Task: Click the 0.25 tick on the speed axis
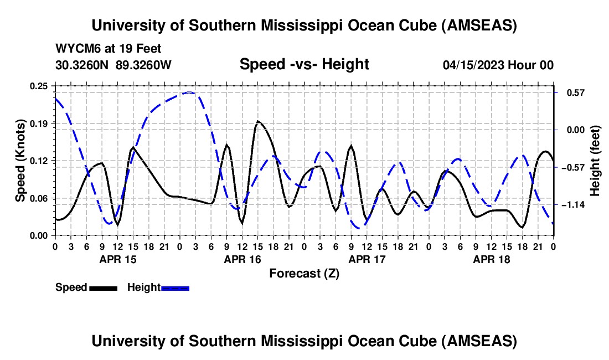39,85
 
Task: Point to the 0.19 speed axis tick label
39,123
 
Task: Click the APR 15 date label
118,259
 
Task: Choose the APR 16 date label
242,259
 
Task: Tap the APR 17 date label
367,259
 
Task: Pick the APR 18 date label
492,259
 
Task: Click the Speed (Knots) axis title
20,160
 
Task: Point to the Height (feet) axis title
595,160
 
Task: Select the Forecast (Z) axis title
304,274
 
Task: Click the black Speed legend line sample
103,288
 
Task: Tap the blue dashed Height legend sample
175,288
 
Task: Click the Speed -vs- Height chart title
304,64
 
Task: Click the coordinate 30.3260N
82,65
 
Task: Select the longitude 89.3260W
144,65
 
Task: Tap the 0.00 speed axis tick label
39,235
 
